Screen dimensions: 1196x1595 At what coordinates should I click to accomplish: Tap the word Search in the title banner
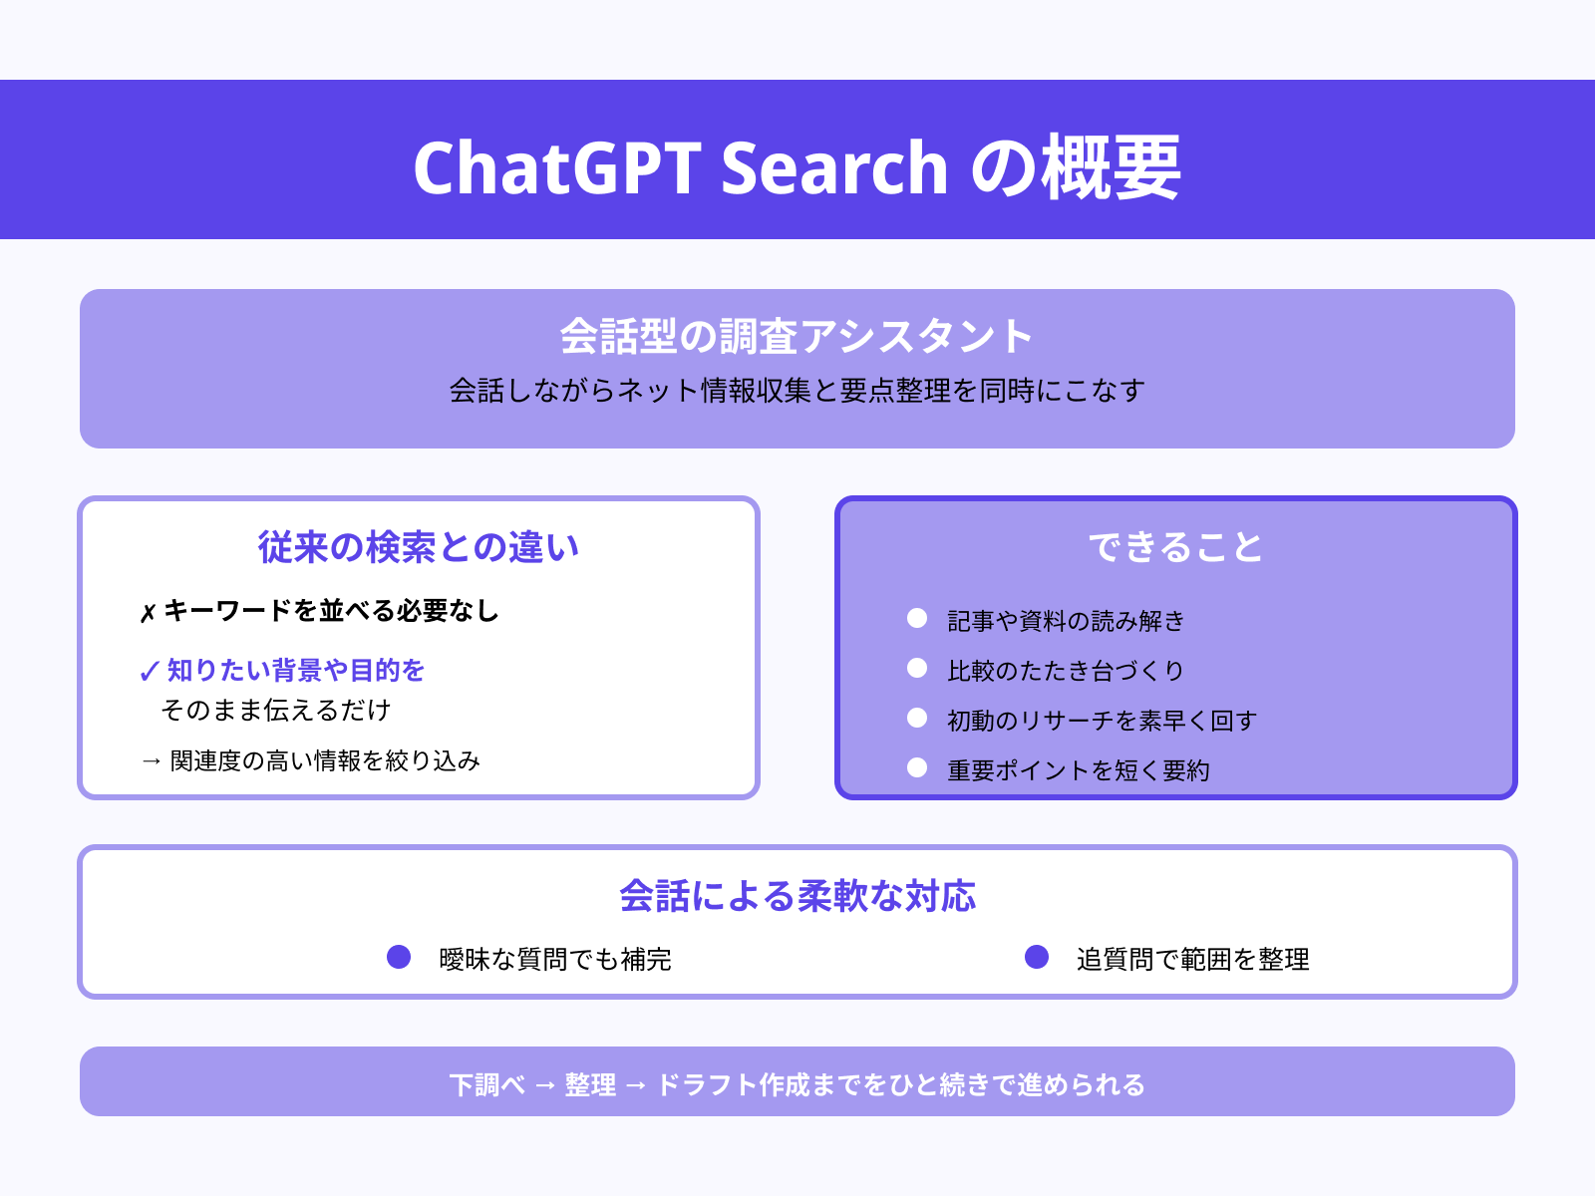(x=833, y=167)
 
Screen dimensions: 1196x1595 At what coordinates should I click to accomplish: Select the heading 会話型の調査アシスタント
(x=797, y=336)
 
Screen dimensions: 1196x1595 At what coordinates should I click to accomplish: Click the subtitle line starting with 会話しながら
(x=797, y=391)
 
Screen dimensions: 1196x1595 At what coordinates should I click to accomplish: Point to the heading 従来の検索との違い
(x=419, y=547)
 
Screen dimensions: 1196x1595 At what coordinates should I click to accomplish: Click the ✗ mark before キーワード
(x=148, y=612)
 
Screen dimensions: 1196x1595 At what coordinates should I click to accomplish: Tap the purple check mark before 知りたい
(x=150, y=671)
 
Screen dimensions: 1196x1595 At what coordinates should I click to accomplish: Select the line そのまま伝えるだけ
(x=276, y=711)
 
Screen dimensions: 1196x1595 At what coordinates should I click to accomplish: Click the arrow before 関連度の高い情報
(x=152, y=761)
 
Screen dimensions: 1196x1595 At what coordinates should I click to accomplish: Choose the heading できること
(x=1175, y=547)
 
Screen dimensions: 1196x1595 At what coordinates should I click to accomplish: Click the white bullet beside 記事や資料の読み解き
(x=917, y=619)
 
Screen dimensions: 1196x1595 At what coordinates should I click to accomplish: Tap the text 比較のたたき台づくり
(x=1066, y=671)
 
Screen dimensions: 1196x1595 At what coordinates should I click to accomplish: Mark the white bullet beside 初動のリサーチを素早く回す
(x=917, y=719)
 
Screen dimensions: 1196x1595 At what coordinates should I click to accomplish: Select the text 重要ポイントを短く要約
(x=1079, y=770)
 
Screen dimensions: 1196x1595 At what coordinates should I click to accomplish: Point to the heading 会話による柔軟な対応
(x=797, y=896)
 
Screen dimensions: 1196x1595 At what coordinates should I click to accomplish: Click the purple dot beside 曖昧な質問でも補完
(x=399, y=957)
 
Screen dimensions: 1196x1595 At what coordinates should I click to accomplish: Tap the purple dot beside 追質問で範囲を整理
(x=1037, y=957)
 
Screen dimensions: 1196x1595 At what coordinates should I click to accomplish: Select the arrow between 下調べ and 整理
(x=545, y=1084)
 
